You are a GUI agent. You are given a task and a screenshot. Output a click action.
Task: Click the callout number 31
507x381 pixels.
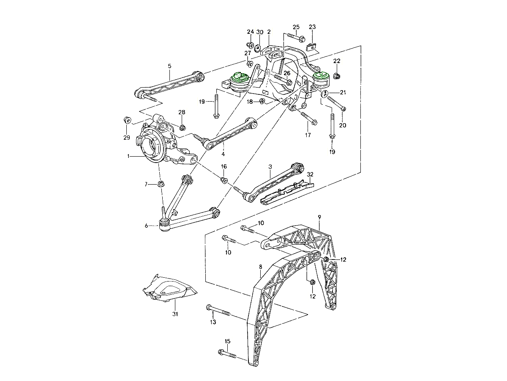point(175,314)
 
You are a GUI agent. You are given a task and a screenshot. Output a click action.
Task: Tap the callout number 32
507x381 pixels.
point(310,174)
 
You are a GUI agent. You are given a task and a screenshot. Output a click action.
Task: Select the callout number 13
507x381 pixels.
point(213,322)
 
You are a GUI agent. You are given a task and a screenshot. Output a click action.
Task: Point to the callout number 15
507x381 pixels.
point(228,341)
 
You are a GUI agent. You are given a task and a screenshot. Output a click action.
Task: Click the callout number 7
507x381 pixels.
point(147,184)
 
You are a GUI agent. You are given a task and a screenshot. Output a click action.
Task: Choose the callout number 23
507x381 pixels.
point(312,27)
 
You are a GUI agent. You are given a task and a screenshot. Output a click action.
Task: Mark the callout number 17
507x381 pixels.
point(308,135)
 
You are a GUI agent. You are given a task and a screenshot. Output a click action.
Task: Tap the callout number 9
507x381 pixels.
point(320,217)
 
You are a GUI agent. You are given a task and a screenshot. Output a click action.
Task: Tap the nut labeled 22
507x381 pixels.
point(337,76)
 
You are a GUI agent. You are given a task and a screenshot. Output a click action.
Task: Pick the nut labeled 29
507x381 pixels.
point(126,119)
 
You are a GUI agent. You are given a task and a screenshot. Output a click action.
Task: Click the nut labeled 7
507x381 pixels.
point(161,184)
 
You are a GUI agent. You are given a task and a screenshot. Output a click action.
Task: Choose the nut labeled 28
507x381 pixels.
point(182,127)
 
